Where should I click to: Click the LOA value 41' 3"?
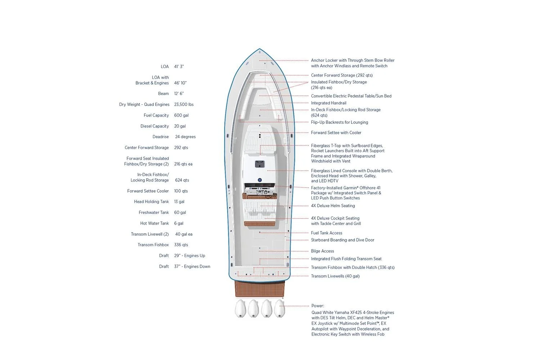pyautogui.click(x=179, y=67)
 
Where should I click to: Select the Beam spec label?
pyautogui.click(x=163, y=94)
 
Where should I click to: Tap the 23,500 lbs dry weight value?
pyautogui.click(x=184, y=104)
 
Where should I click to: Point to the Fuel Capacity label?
pyautogui.click(x=156, y=115)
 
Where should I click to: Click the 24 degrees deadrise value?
pyautogui.click(x=185, y=137)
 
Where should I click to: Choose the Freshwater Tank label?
pyautogui.click(x=154, y=212)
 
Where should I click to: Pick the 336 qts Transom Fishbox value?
pyautogui.click(x=181, y=245)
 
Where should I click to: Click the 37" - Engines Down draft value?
pyautogui.click(x=192, y=266)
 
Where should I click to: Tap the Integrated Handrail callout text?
pyautogui.click(x=329, y=103)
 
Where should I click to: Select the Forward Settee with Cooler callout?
pyautogui.click(x=336, y=132)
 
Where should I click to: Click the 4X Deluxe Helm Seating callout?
pyautogui.click(x=333, y=206)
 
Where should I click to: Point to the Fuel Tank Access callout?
pyautogui.click(x=327, y=233)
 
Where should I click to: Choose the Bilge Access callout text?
pyautogui.click(x=323, y=251)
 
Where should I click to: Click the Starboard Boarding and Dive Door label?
pyautogui.click(x=343, y=240)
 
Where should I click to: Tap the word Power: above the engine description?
pyautogui.click(x=318, y=306)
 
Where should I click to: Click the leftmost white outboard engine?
pyautogui.click(x=240, y=309)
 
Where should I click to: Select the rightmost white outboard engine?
pyautogui.click(x=280, y=309)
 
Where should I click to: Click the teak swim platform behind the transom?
pyautogui.click(x=260, y=289)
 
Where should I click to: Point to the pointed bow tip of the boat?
pyautogui.click(x=260, y=49)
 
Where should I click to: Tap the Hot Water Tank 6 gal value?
pyautogui.click(x=179, y=223)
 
